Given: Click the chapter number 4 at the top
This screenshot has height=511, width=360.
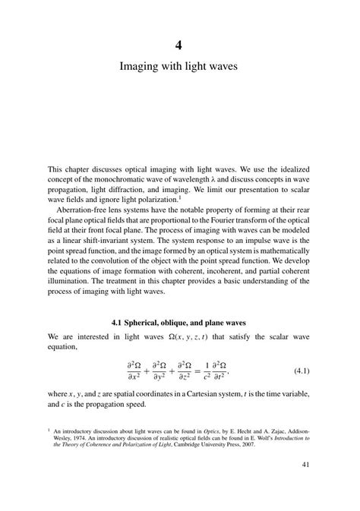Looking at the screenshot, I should point(179,43).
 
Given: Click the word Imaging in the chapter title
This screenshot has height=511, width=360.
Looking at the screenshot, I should point(141,67).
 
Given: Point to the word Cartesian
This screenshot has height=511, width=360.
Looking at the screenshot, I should point(203,394).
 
